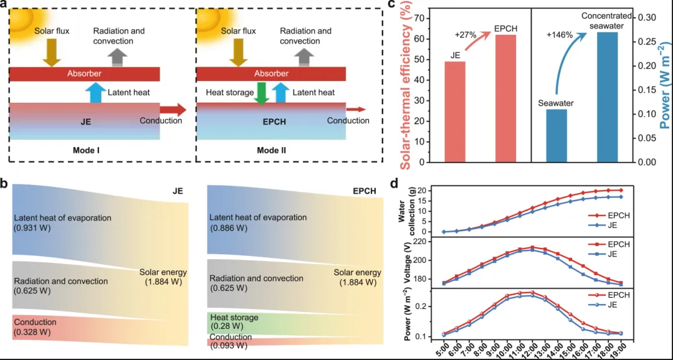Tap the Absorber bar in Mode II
(x=272, y=73)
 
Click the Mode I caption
(x=86, y=151)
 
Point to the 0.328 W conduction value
(x=33, y=332)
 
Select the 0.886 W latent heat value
(x=229, y=228)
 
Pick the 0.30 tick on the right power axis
(x=646, y=17)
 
